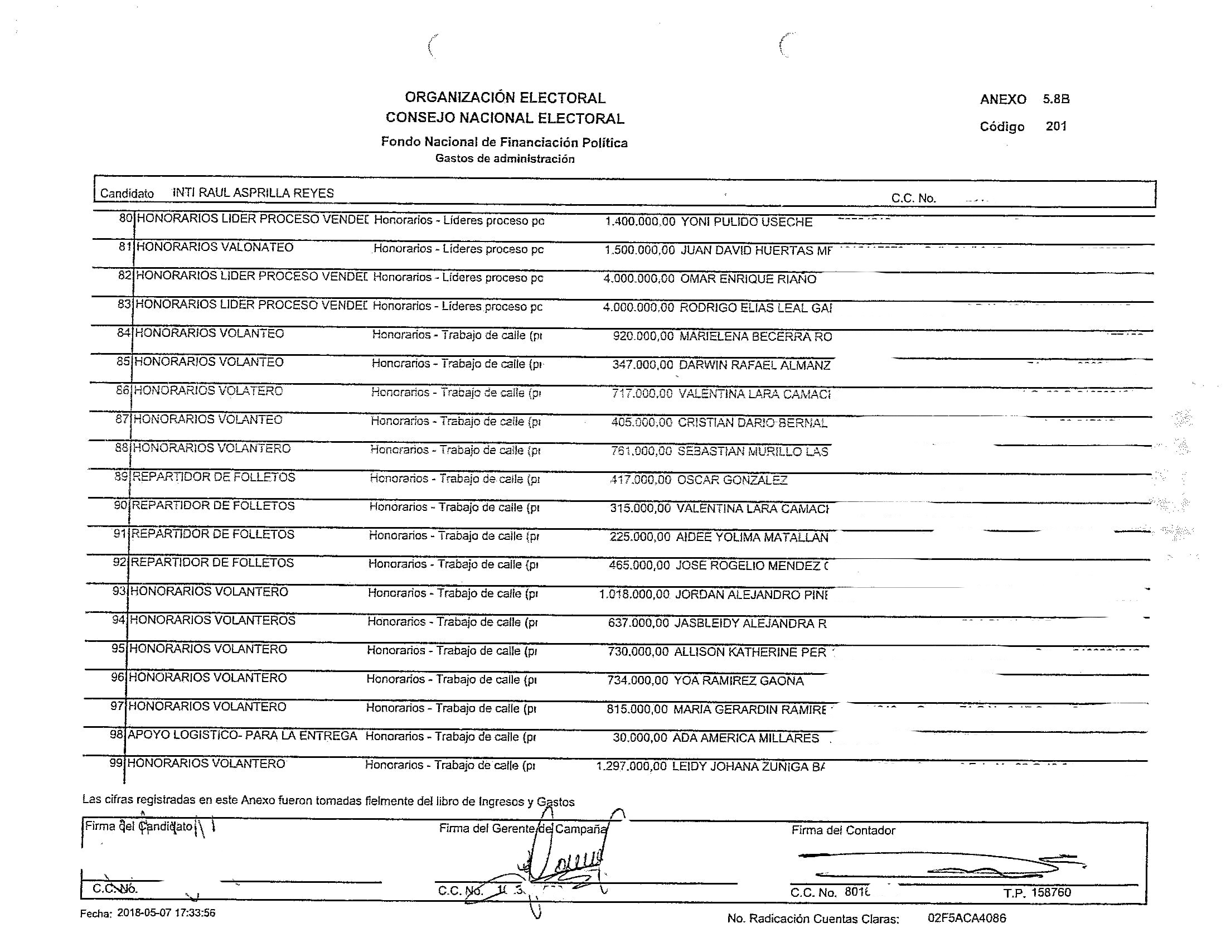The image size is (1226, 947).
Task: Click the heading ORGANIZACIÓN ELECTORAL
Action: (505, 98)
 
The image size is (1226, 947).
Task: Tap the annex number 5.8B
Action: (1056, 99)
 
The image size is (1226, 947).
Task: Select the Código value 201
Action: (1055, 126)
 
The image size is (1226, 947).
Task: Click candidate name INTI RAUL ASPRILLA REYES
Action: (253, 192)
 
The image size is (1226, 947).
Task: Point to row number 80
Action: (126, 218)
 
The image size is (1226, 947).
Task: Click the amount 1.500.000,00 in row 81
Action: (639, 250)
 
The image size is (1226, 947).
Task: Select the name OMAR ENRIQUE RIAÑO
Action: (748, 279)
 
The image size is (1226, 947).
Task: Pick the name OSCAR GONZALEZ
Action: (732, 480)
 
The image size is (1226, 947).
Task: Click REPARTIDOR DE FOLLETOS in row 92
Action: (212, 563)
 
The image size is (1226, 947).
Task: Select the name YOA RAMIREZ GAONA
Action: (738, 681)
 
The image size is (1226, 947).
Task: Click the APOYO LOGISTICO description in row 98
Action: (242, 735)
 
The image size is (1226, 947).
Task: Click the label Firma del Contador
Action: (842, 830)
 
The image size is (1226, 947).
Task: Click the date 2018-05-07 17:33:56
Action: (166, 913)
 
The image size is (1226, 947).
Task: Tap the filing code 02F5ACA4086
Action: (966, 918)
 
